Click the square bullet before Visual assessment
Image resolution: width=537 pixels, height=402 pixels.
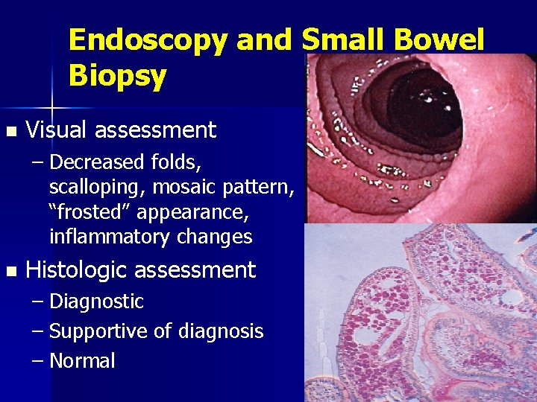(x=9, y=132)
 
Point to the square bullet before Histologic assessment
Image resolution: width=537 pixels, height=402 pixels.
(x=9, y=269)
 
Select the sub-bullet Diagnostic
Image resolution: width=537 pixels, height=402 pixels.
(x=95, y=301)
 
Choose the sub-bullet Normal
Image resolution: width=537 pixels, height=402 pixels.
(x=82, y=361)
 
